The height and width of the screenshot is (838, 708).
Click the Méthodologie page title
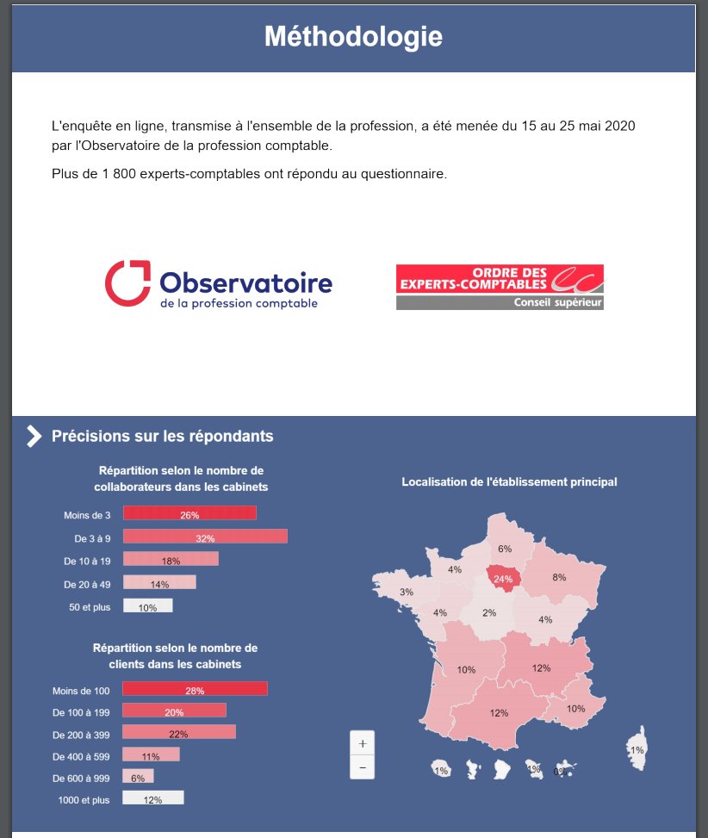pos(353,37)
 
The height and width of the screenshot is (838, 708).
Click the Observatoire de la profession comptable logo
pos(219,285)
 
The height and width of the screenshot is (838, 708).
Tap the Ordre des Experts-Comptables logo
pos(500,287)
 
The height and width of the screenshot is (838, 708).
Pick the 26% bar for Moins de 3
pos(189,514)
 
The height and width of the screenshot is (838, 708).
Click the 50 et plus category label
pos(90,607)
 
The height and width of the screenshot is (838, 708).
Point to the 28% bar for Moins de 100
pos(195,690)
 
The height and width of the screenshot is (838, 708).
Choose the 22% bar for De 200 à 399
pos(178,733)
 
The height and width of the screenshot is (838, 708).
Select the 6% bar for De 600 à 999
pos(138,777)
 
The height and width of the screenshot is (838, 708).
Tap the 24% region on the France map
pos(503,579)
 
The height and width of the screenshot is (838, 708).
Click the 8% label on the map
pos(559,578)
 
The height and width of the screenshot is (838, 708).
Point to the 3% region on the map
pos(407,592)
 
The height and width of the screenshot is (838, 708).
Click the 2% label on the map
pos(489,613)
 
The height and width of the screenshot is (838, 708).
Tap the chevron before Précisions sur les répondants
pos(34,437)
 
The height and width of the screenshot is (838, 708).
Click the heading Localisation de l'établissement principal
pos(509,481)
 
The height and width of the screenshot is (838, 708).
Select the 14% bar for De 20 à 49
pos(159,584)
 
